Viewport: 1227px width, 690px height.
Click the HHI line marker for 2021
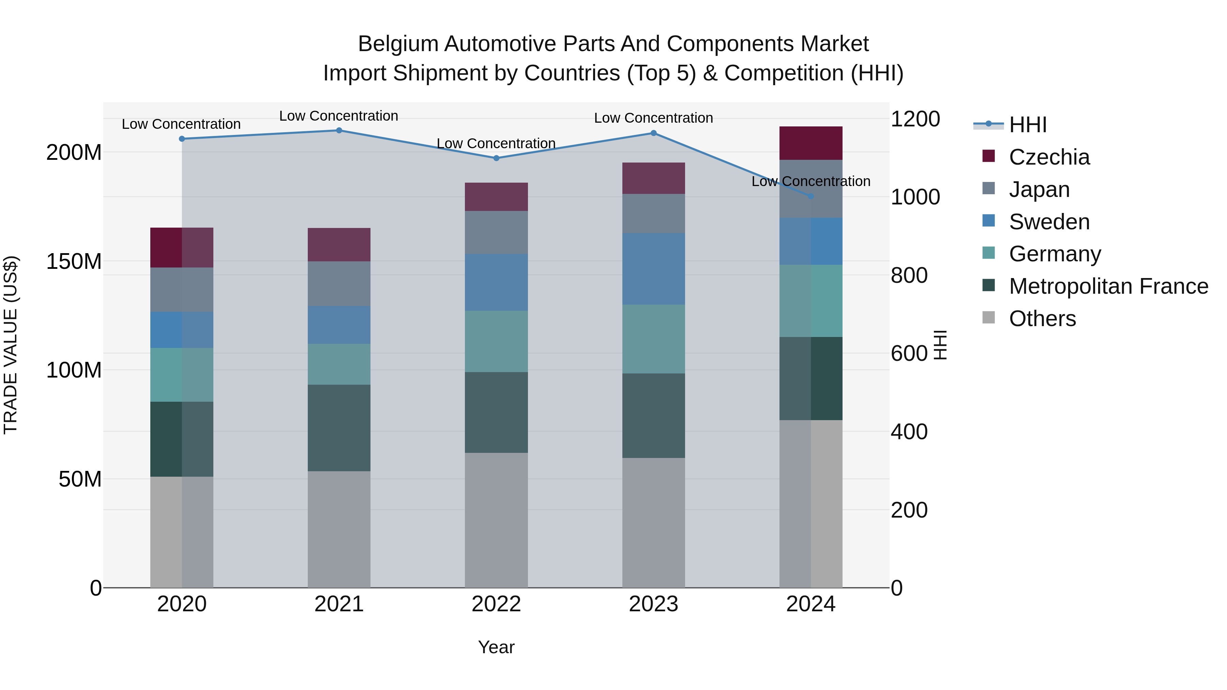[339, 131]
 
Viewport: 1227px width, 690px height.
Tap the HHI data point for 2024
[811, 196]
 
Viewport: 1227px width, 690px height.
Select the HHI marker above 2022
[496, 158]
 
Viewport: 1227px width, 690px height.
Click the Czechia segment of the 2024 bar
[811, 143]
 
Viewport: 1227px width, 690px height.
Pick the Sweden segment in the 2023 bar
[653, 269]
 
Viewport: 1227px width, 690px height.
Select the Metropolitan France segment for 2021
[339, 428]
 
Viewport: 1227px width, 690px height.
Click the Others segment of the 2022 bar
[496, 520]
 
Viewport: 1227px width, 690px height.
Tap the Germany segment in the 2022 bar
[496, 341]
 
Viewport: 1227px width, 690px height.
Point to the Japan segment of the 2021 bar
[339, 284]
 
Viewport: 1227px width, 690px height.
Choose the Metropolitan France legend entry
[1108, 287]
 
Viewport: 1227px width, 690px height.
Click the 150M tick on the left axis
[74, 261]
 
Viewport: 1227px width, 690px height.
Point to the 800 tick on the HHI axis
[909, 275]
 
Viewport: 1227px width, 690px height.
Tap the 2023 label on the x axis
[653, 604]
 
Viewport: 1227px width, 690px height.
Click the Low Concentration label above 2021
[339, 116]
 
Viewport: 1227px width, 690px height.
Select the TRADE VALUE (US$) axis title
[11, 345]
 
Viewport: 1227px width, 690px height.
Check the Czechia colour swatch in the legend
[989, 156]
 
